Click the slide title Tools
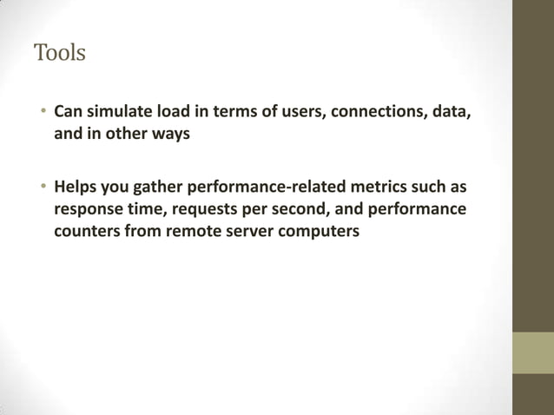pyautogui.click(x=60, y=53)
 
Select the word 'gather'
pyautogui.click(x=156, y=187)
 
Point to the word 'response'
pyautogui.click(x=89, y=209)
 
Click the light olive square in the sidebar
pyautogui.click(x=532, y=352)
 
